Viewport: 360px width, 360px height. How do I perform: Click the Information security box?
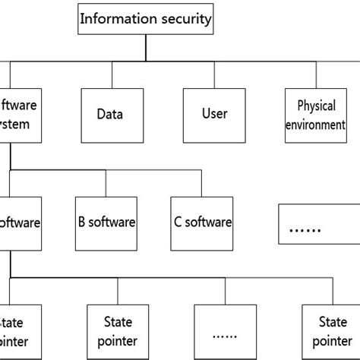146,19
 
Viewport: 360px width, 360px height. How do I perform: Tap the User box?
215,115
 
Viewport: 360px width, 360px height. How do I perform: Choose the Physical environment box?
316,115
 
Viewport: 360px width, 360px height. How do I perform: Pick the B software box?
106,223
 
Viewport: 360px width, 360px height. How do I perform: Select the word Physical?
316,106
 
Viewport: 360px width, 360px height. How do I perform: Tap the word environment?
316,124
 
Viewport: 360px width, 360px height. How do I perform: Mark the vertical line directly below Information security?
146,47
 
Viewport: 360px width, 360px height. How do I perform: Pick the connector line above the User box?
214,75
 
